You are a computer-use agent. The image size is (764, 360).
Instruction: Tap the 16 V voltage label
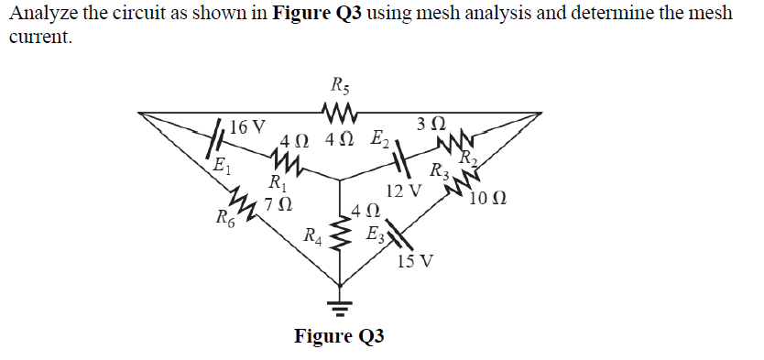pos(247,126)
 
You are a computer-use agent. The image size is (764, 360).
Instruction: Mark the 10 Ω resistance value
pos(487,199)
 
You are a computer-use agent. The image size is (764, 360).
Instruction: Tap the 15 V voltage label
pos(417,261)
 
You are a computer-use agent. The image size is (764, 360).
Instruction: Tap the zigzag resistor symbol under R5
pos(338,113)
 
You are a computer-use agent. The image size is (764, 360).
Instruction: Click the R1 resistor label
pos(273,182)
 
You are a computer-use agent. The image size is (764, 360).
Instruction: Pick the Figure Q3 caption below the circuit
pos(339,335)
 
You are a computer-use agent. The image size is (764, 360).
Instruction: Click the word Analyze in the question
pos(42,14)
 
